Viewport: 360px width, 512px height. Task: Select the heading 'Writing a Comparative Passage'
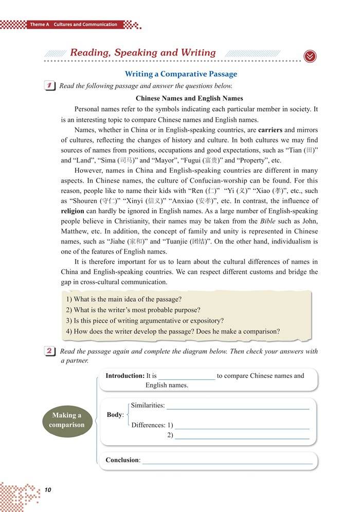pyautogui.click(x=181, y=74)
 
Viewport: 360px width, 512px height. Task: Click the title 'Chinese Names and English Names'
pyautogui.click(x=189, y=98)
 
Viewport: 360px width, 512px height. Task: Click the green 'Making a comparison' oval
pyautogui.click(x=67, y=420)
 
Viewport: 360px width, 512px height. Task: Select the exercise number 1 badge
pyautogui.click(x=51, y=86)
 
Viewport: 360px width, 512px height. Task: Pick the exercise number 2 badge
pyautogui.click(x=51, y=352)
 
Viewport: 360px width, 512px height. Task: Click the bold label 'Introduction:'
pyautogui.click(x=124, y=376)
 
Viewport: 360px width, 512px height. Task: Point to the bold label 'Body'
pyautogui.click(x=115, y=415)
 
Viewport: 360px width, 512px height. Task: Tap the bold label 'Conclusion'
pyautogui.click(x=122, y=460)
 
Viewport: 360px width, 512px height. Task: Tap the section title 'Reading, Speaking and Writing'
pyautogui.click(x=142, y=52)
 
